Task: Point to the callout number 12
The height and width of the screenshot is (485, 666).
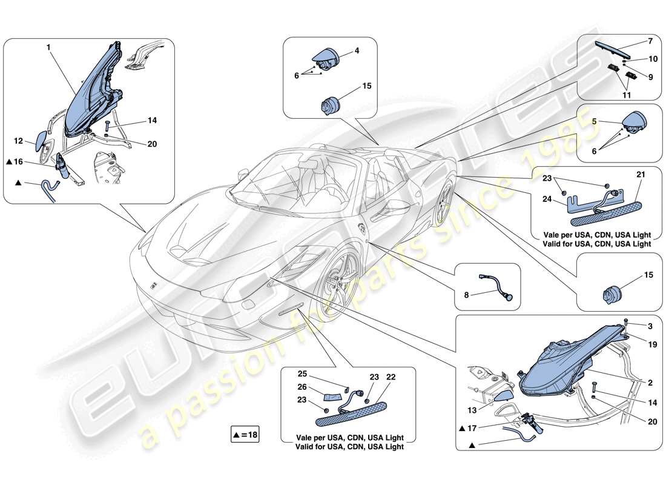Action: click(x=19, y=141)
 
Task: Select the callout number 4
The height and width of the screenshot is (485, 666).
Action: click(x=356, y=52)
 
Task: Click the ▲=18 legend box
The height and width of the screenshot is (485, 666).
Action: click(x=245, y=434)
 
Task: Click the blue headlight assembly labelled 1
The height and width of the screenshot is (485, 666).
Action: click(x=91, y=91)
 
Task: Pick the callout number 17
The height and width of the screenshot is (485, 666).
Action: click(x=487, y=427)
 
